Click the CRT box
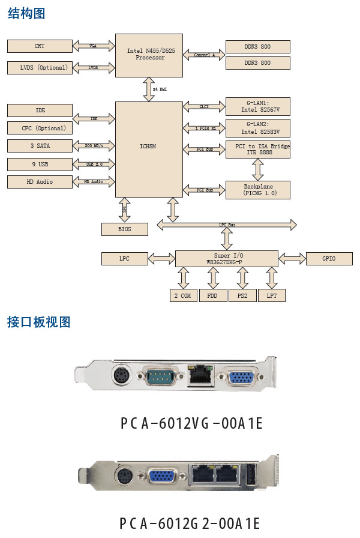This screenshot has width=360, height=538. [x=40, y=46]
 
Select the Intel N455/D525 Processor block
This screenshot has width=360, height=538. [x=149, y=55]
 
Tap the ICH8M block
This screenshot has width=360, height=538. [x=149, y=147]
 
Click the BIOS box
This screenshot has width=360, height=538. [x=125, y=229]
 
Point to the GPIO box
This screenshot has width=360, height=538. [x=329, y=259]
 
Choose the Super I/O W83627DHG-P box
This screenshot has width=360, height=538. [x=227, y=259]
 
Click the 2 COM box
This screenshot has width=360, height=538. [x=184, y=295]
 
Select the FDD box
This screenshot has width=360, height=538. [x=213, y=295]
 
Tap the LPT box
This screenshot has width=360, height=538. [x=272, y=295]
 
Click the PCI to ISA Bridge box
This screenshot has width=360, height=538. [x=258, y=150]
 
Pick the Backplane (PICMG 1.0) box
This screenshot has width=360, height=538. [x=258, y=190]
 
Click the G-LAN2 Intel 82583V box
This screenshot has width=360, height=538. [x=258, y=127]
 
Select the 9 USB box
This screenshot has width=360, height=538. [x=40, y=164]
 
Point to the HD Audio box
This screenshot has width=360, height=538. [x=40, y=181]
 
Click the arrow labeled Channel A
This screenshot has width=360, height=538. [x=204, y=55]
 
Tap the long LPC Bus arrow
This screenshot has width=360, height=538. [x=227, y=225]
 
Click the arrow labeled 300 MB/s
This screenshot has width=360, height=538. [x=94, y=146]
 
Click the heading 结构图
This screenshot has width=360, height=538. [x=27, y=14]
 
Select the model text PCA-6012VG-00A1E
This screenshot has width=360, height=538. [x=191, y=423]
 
